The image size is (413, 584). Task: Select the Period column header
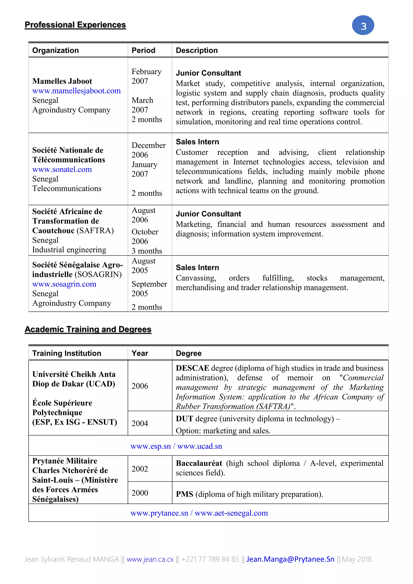click(143, 50)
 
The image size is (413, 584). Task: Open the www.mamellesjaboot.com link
click(76, 91)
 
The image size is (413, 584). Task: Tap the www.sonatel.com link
click(62, 169)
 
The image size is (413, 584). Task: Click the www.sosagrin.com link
click(64, 284)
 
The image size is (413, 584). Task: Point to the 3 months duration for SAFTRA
click(147, 251)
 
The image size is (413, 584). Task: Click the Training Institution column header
click(67, 353)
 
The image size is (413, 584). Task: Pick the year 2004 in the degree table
click(140, 423)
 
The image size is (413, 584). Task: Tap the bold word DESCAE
click(192, 368)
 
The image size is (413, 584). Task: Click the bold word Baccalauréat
click(199, 463)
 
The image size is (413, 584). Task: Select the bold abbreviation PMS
click(185, 494)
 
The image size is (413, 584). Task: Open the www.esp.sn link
click(150, 446)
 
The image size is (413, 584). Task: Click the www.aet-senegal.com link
click(231, 513)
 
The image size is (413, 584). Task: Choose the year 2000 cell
click(140, 493)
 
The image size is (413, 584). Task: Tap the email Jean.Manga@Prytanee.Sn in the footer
click(290, 559)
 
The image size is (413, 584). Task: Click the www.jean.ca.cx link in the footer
click(150, 559)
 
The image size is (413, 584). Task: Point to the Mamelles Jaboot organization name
click(62, 81)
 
